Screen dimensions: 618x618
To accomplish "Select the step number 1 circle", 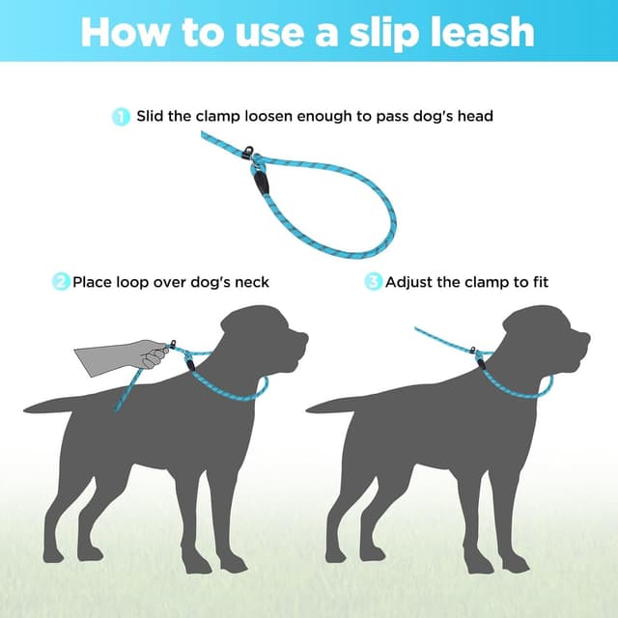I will click(122, 117).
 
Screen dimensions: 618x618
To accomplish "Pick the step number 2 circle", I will click(61, 282).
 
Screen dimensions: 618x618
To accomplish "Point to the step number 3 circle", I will click(373, 282).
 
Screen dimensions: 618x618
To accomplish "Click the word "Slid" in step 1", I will click(152, 117).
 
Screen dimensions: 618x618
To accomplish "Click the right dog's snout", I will click(578, 340).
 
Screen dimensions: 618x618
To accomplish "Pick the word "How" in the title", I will click(125, 31).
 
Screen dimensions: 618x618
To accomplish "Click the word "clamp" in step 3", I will click(487, 282).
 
